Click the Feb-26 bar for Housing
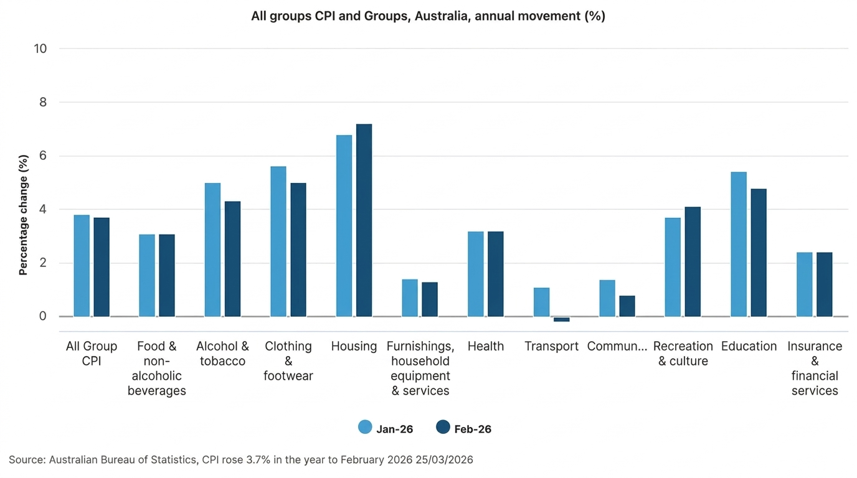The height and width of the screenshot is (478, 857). [x=364, y=220]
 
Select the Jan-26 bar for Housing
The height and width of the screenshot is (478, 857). [x=344, y=225]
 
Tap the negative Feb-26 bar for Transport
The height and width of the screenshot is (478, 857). [x=561, y=319]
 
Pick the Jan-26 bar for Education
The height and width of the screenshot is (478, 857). [x=739, y=244]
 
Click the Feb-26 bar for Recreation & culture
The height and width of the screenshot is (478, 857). [x=693, y=261]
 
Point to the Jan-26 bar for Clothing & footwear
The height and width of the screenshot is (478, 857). [x=278, y=241]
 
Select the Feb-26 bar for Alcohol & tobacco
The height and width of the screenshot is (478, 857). [x=232, y=259]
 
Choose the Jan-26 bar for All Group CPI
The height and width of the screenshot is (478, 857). [x=82, y=266]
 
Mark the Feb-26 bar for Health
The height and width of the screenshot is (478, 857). [x=495, y=274]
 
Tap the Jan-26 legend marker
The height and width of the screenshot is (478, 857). [x=365, y=428]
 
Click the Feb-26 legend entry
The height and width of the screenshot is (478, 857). [x=464, y=428]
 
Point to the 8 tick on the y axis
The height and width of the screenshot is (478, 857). [x=43, y=102]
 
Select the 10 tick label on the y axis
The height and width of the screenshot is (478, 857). [x=40, y=49]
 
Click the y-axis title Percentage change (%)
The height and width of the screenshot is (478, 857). [x=24, y=215]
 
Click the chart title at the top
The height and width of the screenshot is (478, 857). [x=428, y=16]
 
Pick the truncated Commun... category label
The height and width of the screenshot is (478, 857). [x=617, y=347]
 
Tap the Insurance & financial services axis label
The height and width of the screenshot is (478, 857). [x=814, y=368]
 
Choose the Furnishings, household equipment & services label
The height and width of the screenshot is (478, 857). [x=420, y=368]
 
